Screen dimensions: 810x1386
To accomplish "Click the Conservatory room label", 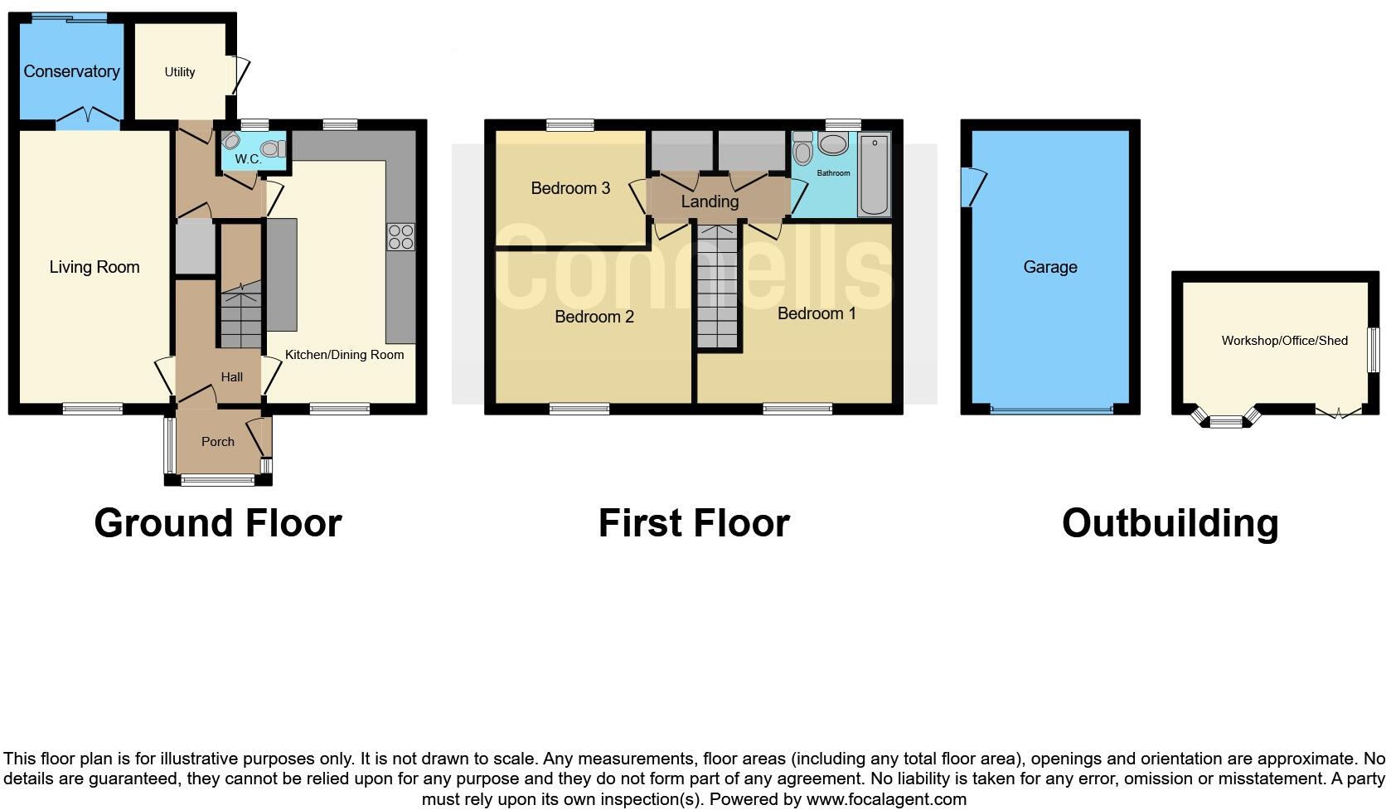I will pos(71,71).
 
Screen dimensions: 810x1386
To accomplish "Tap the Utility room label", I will pos(180,72).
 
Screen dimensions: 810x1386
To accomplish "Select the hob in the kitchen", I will pos(400,237).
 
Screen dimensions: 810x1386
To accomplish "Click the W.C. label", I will pos(248,158).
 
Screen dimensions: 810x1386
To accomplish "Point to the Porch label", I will pos(218,442).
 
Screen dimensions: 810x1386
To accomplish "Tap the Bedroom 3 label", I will pos(570,188).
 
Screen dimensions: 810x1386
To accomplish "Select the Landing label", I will pos(710,201).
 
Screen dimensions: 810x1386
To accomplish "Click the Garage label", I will pos(1050,267).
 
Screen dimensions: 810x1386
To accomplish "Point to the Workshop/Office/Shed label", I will pos(1284,341).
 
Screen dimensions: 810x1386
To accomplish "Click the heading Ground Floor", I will pos(218,523).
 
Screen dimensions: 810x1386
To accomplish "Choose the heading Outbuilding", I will pos(1170,523).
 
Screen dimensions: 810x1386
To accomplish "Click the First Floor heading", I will pos(694,523).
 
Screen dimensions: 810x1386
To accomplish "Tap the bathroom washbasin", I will pos(832,144).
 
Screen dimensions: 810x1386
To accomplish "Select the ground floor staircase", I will pos(240,319).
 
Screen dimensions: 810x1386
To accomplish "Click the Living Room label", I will pos(94,267).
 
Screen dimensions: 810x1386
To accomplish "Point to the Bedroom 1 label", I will pos(817,313).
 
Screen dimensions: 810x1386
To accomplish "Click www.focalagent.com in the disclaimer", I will pos(886,800).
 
